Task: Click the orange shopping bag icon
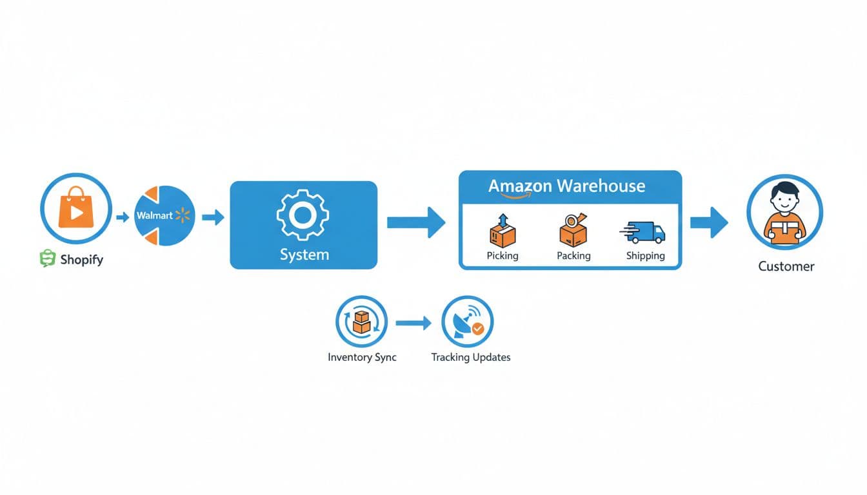[x=76, y=208]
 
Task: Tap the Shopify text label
[x=81, y=260]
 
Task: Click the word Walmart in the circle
[x=154, y=216]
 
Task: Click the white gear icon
[x=303, y=215]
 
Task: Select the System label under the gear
[x=304, y=255]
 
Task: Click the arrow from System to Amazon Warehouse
[x=416, y=222]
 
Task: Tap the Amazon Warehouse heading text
[x=566, y=186]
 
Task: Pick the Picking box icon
[x=503, y=231]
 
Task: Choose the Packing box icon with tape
[x=573, y=230]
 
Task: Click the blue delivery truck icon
[x=643, y=233]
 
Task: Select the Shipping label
[x=645, y=256]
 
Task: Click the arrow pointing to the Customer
[x=709, y=222]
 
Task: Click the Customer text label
[x=786, y=266]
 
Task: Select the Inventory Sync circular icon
[x=362, y=322]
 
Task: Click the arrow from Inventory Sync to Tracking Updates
[x=414, y=323]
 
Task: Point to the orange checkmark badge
[x=477, y=329]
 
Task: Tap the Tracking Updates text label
[x=470, y=357]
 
